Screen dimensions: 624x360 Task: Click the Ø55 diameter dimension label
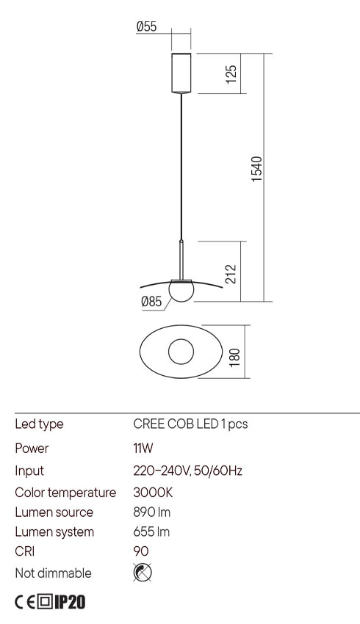click(x=146, y=26)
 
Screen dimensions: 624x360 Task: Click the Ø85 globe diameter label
click(x=151, y=300)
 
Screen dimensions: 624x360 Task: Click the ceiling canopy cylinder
click(x=180, y=73)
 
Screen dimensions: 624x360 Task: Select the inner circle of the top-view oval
click(x=180, y=352)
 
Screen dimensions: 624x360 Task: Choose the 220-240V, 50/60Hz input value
click(x=187, y=471)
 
